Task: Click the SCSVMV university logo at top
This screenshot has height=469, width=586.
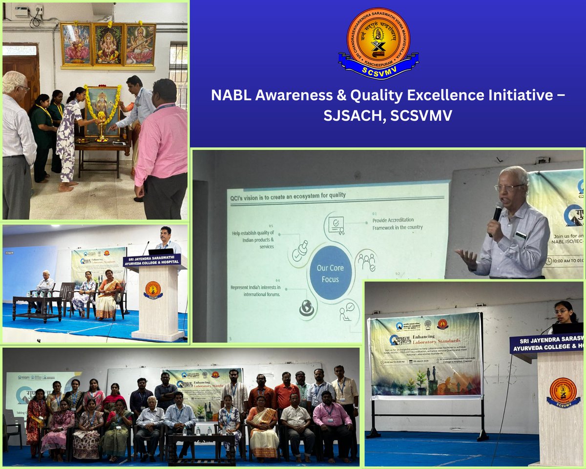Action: [x=378, y=43]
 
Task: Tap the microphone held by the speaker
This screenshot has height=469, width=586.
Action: [x=497, y=213]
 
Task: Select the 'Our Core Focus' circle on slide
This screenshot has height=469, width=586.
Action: [x=331, y=273]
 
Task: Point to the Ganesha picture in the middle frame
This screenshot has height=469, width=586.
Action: [x=108, y=44]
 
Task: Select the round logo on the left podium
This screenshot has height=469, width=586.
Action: [x=153, y=290]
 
